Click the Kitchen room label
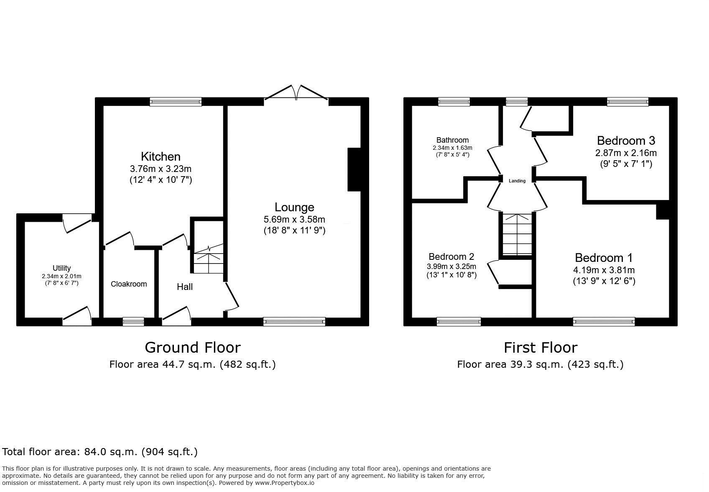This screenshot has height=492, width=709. click(x=161, y=156)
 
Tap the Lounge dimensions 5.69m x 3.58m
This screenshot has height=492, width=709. click(x=294, y=219)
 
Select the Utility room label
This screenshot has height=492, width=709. click(x=61, y=268)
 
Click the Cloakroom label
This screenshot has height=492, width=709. click(x=129, y=284)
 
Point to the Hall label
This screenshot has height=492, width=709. click(x=184, y=287)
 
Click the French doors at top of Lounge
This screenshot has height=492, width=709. click(x=296, y=93)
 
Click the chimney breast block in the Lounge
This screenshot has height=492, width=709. click(x=354, y=169)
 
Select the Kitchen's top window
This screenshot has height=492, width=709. click(x=176, y=101)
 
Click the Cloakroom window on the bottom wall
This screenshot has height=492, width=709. click(x=133, y=321)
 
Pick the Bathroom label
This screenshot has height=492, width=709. click(x=452, y=140)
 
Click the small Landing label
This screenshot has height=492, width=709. click(x=517, y=181)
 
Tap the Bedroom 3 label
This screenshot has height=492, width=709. click(x=625, y=140)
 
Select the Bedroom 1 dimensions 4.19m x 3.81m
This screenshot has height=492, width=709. click(x=604, y=270)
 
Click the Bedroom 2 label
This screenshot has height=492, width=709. click(x=451, y=256)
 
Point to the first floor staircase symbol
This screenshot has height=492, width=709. click(x=517, y=234)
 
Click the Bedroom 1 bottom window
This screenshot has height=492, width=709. click(x=604, y=321)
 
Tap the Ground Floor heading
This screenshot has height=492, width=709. click(x=192, y=347)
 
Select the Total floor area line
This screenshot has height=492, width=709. click(x=100, y=452)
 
